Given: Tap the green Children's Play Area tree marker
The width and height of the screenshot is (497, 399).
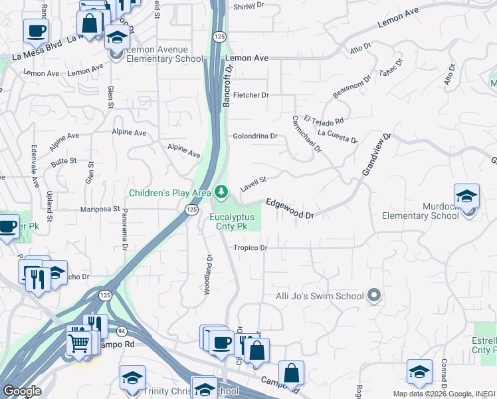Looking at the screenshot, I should tap(221, 193).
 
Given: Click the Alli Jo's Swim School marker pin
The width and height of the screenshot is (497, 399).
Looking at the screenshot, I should tap(375, 296).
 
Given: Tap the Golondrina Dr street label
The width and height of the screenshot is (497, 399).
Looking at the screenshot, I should tap(254, 136).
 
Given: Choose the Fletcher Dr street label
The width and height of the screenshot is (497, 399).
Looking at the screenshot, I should tap(250, 95).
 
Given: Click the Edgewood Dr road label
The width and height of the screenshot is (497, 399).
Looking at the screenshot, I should tap(290, 209).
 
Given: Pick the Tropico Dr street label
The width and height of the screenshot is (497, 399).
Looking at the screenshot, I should tap(250, 248).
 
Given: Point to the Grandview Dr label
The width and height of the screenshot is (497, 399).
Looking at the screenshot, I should tap(377, 154).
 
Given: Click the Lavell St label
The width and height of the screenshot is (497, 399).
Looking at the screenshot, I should tap(252, 184).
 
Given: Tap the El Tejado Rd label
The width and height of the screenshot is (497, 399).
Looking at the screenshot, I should tap(324, 121).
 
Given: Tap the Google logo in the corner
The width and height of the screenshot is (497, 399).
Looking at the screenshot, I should tap(22, 391).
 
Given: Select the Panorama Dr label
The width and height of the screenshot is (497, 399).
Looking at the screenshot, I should tap(124, 229).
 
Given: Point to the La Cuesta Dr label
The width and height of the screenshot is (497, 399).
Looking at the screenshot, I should tap(338, 136).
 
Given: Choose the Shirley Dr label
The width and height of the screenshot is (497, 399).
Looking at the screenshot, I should tap(249, 7).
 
